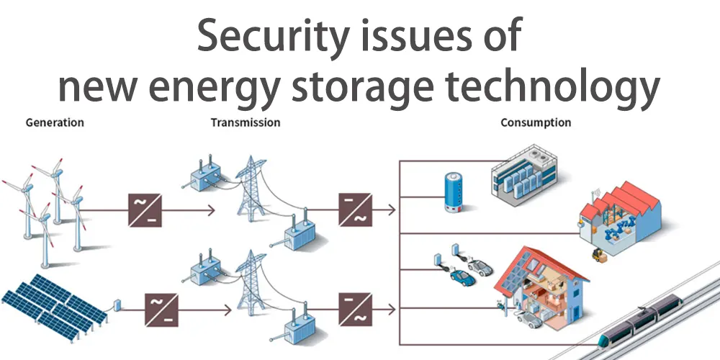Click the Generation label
click(55, 122)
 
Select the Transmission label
click(246, 122)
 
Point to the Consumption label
click(536, 122)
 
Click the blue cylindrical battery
click(451, 192)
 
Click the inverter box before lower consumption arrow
click(356, 310)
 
